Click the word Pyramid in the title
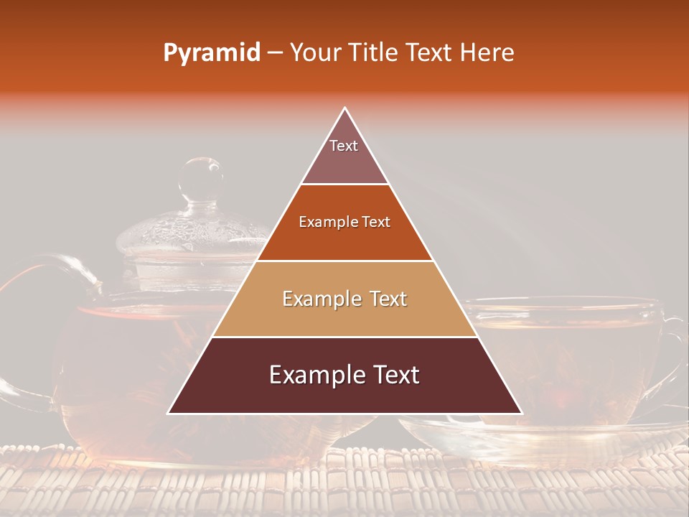pyautogui.click(x=211, y=53)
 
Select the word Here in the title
pyautogui.click(x=487, y=53)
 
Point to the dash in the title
pyautogui.click(x=274, y=54)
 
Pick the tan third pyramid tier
pyautogui.click(x=344, y=299)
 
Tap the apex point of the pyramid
pyautogui.click(x=345, y=108)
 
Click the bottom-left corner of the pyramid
pyautogui.click(x=169, y=413)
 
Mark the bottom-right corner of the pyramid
pyautogui.click(x=521, y=413)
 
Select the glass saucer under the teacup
pyautogui.click(x=545, y=434)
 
